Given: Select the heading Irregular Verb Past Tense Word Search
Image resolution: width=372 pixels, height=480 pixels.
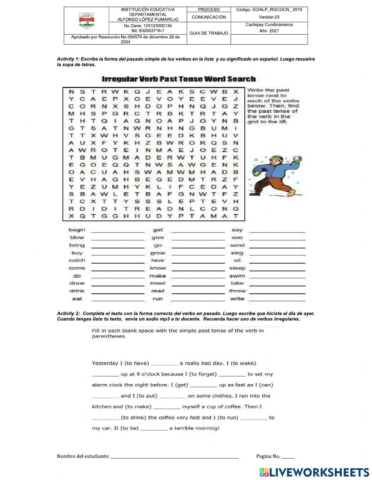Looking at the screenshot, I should (x=179, y=79).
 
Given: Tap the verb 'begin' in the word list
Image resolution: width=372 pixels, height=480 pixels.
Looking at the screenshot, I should (x=77, y=230).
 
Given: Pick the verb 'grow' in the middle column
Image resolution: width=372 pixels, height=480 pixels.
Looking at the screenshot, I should (x=158, y=253).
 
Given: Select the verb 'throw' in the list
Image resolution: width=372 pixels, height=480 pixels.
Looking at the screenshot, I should (x=237, y=291).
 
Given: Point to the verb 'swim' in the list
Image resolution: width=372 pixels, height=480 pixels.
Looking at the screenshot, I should (x=237, y=276).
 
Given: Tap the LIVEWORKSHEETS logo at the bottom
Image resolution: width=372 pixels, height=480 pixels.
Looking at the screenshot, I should (x=314, y=472).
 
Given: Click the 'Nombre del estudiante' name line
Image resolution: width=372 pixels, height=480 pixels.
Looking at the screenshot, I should (x=175, y=457).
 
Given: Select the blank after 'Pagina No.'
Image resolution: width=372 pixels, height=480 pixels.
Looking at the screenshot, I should (x=288, y=457).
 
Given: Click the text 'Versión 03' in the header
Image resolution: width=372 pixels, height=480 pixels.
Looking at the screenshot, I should (x=269, y=17).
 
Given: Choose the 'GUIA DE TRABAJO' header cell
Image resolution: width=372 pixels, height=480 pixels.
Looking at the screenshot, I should (x=209, y=33).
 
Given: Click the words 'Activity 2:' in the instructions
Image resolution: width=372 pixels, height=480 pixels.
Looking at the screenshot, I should (x=68, y=314).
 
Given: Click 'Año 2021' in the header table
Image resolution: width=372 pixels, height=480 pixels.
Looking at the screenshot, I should (x=269, y=31).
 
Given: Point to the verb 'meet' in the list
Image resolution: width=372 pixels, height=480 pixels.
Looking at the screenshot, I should (x=158, y=283).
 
